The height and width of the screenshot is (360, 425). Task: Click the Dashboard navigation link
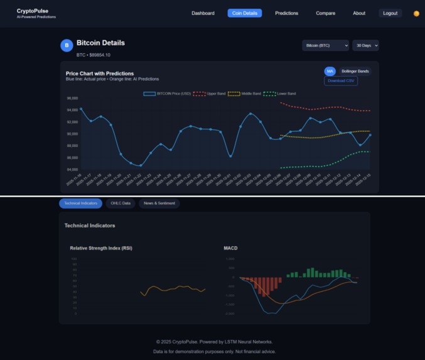point(203,13)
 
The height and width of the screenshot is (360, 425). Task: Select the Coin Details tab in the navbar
point(244,13)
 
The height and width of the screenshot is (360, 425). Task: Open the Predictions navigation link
point(286,13)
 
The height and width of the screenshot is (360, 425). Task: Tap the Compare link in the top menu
point(325,13)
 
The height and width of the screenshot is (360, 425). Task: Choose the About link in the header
point(359,13)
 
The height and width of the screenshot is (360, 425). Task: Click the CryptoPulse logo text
point(33,11)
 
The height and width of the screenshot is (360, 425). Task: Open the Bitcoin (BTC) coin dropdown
point(325,45)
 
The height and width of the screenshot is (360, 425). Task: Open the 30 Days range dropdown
point(365,45)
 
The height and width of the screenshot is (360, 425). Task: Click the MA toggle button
point(330,71)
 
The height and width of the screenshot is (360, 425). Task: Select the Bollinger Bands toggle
point(355,71)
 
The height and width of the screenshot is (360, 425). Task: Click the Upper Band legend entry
point(209,94)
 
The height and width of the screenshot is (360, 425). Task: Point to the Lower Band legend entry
point(279,94)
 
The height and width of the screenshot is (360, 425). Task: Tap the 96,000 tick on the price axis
point(72,99)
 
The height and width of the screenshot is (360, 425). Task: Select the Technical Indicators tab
point(80,204)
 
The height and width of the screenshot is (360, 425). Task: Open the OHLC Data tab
point(121,204)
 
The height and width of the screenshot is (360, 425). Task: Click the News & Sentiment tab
point(159,204)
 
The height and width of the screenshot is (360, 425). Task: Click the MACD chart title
point(230,248)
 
